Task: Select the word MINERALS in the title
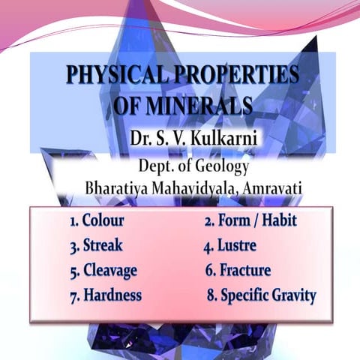pos(205,106)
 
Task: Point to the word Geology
pos(221,166)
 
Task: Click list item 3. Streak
pos(95,246)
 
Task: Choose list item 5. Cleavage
pos(103,270)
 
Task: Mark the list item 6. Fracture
pos(238,270)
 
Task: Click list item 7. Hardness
pos(105,295)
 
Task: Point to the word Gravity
pos(289,295)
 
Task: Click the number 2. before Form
pos(209,221)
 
